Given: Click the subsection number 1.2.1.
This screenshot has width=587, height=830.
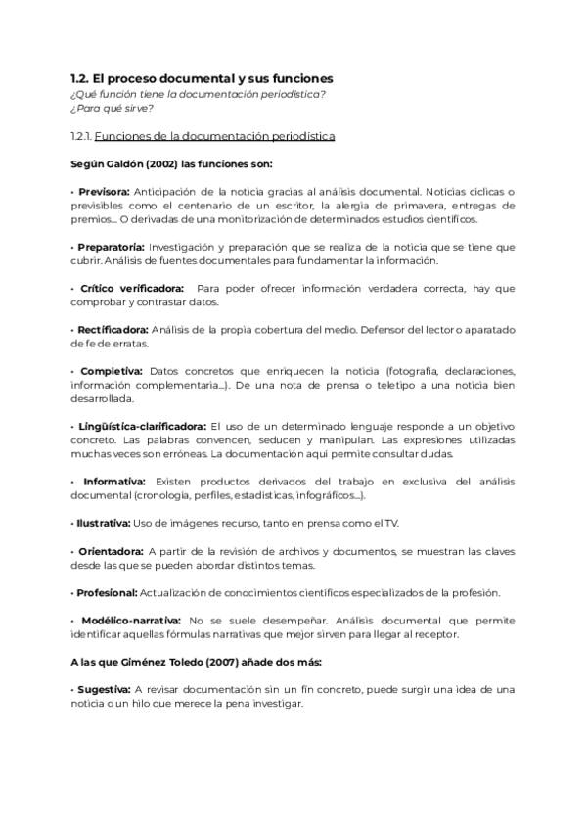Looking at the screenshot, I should coord(82,136).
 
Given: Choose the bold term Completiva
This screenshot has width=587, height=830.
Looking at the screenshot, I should coord(112,371).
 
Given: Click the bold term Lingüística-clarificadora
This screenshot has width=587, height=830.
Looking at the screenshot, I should coord(139,427).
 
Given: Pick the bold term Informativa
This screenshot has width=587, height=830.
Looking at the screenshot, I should coord(114,482).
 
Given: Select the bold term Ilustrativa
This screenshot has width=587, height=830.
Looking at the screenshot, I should coord(101,524).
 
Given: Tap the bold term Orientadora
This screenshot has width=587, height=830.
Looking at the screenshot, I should coord(112,552).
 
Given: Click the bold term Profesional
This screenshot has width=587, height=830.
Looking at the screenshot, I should coord(105,593).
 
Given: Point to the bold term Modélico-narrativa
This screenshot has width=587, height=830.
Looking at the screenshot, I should coord(129,621).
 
